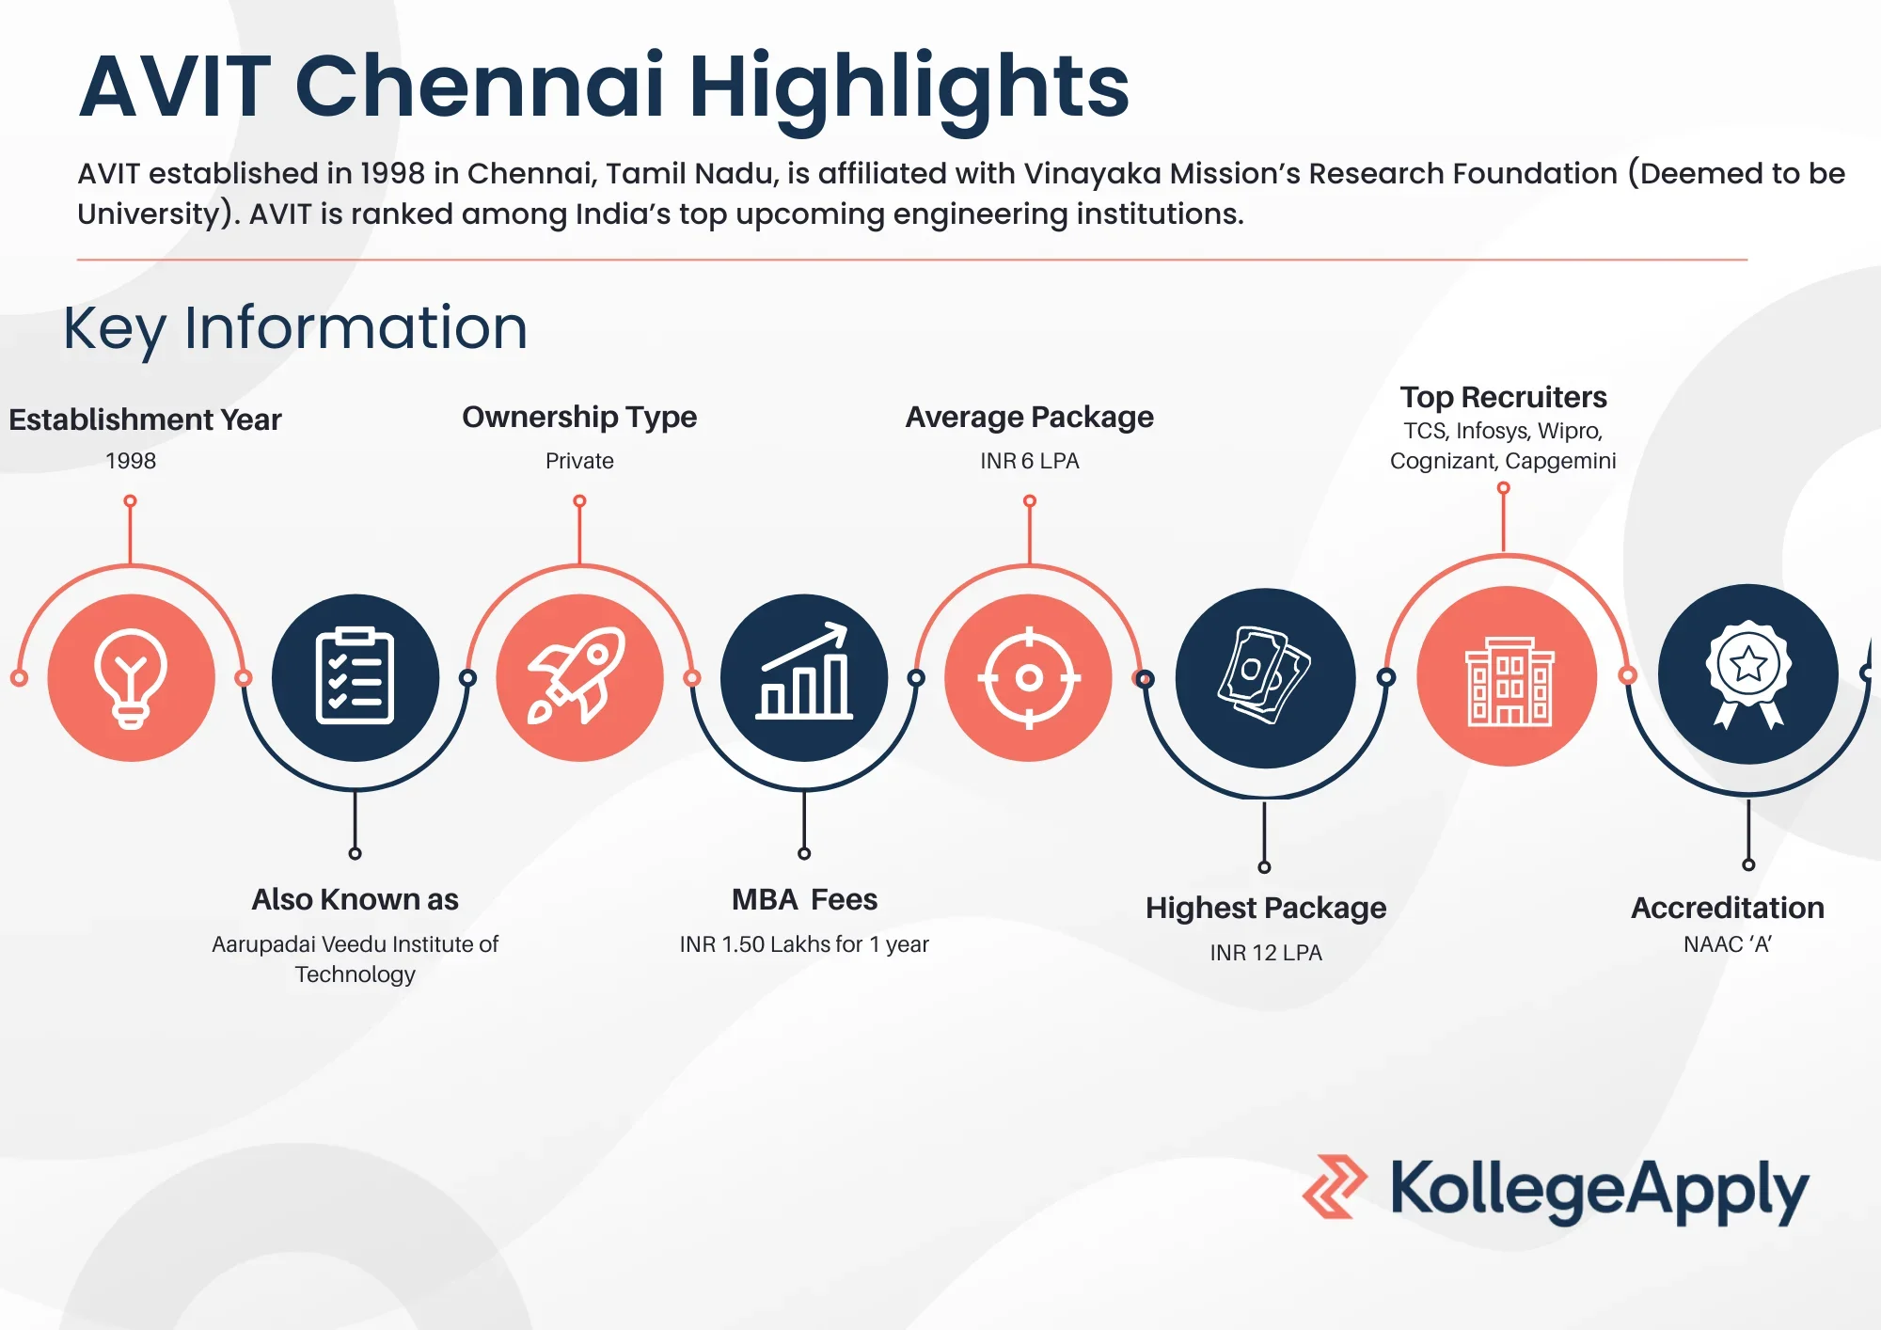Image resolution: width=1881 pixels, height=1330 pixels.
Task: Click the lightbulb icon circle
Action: [131, 677]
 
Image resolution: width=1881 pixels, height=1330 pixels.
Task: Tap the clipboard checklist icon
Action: [355, 677]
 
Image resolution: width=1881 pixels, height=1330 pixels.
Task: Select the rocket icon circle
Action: [579, 677]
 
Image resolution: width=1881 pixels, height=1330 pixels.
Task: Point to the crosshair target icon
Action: [1029, 677]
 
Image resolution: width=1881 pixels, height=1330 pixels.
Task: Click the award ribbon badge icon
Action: [1748, 673]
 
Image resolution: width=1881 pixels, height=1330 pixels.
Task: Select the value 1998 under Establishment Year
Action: [131, 461]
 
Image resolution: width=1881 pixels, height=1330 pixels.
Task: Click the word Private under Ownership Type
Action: [579, 461]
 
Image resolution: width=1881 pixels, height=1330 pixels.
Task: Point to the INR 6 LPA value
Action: [1030, 461]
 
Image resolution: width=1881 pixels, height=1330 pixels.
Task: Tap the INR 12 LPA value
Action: [1266, 953]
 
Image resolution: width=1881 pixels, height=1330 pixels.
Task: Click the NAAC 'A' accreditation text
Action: [1728, 943]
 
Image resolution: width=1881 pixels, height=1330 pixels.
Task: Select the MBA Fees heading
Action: [805, 899]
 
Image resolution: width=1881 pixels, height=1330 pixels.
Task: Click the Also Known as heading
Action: [356, 899]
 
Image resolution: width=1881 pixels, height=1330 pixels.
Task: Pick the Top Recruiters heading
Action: [1503, 397]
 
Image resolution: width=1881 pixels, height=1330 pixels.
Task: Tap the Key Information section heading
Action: [295, 328]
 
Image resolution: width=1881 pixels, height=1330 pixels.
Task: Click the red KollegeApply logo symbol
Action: [1335, 1186]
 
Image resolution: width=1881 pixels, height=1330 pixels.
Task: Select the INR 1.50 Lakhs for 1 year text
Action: [804, 943]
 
